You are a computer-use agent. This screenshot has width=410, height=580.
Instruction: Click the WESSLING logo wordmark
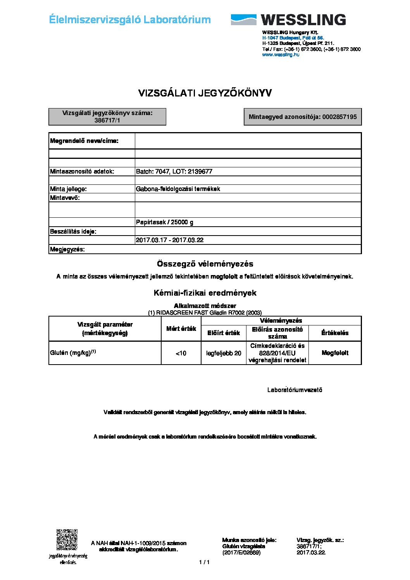[303, 20]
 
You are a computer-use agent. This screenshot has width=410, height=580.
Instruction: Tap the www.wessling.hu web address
[281, 55]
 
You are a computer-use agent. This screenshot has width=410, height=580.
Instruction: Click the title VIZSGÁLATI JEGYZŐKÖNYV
[205, 93]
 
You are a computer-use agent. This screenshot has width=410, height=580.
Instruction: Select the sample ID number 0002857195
[339, 117]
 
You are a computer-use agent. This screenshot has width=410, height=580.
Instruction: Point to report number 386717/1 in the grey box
[107, 120]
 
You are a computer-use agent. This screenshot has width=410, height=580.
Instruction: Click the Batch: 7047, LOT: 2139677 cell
[174, 171]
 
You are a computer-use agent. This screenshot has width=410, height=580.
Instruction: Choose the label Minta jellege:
[69, 189]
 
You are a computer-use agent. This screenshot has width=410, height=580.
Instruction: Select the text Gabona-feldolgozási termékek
[178, 189]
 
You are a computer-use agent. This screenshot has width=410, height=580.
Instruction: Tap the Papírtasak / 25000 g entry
[164, 222]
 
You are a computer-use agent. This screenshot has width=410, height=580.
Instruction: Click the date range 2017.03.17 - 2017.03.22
[169, 240]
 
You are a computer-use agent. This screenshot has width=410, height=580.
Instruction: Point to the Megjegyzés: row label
[67, 250]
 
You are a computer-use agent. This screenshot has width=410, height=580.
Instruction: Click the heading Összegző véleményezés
[205, 264]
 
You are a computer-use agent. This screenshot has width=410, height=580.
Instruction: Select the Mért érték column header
[181, 329]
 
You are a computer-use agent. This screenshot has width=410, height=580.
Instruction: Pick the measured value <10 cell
[181, 353]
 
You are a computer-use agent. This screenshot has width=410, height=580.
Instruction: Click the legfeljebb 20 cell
[224, 353]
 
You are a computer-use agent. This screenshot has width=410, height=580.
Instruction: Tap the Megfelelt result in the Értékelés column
[335, 353]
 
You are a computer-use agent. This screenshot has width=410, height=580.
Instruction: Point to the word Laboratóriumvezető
[295, 390]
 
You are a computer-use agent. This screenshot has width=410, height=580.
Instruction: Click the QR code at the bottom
[67, 540]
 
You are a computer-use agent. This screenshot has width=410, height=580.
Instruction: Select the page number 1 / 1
[204, 562]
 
